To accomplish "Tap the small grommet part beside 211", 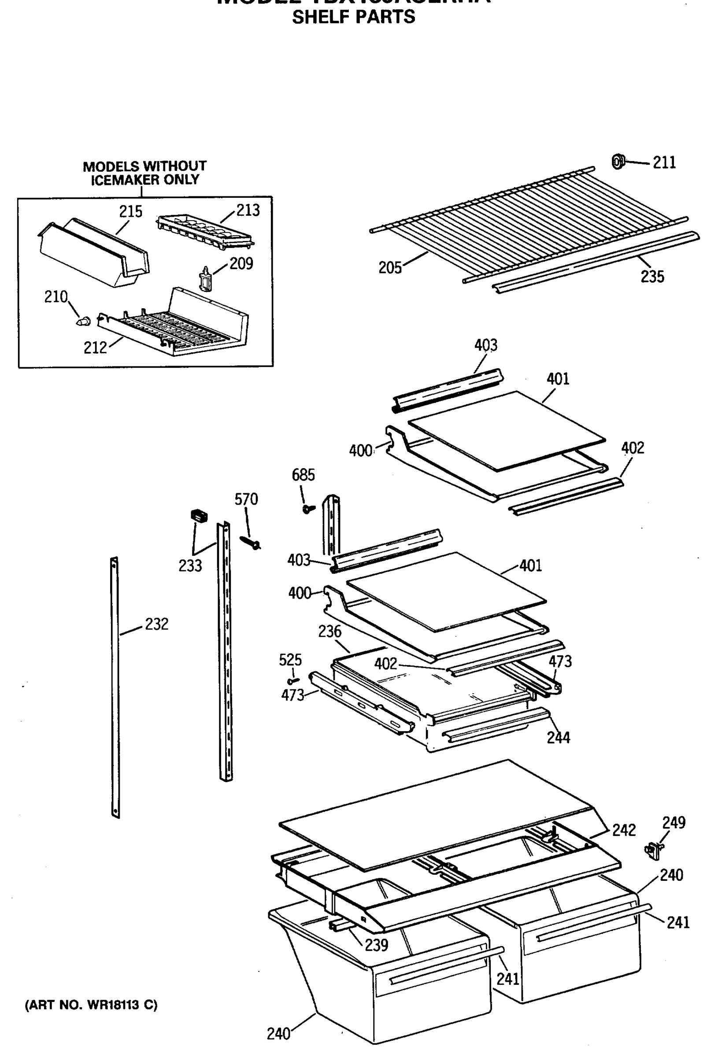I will (618, 162).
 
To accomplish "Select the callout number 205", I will (390, 268).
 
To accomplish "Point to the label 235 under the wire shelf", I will (652, 277).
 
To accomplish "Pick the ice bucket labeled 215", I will (93, 252).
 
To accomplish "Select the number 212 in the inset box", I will (95, 348).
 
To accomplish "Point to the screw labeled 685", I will (308, 509).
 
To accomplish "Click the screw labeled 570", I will (250, 543).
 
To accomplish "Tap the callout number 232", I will (156, 624).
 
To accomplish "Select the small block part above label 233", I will (199, 516).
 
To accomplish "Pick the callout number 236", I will (329, 631).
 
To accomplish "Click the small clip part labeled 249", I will (653, 849).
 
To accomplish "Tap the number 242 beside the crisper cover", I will (623, 830).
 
